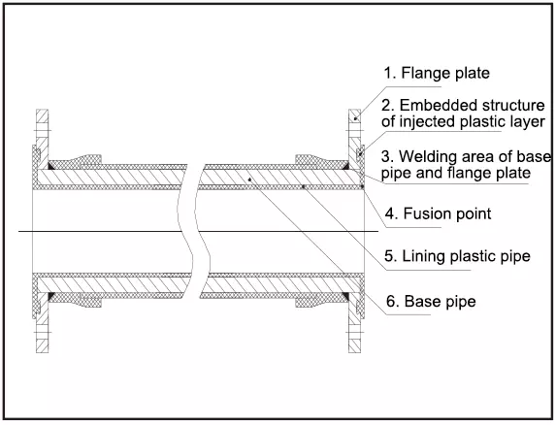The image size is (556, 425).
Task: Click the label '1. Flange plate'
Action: [x=437, y=73]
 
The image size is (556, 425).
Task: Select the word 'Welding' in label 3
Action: [x=424, y=156]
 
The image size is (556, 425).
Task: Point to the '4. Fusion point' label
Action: [x=439, y=213]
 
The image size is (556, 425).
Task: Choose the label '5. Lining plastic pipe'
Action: [x=457, y=256]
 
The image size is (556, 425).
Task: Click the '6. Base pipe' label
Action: [x=431, y=302]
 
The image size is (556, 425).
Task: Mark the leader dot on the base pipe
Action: [x=249, y=180]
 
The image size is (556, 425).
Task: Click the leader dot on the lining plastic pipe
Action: [x=303, y=186]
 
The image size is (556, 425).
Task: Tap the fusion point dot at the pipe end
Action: [x=362, y=186]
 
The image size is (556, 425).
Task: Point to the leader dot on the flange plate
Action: [x=355, y=118]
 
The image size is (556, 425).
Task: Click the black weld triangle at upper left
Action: [x=51, y=166]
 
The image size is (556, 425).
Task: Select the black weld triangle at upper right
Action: [x=345, y=166]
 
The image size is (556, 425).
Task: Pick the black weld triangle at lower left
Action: [x=51, y=296]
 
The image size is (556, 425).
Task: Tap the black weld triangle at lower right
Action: [x=345, y=296]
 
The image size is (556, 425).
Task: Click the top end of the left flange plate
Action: [x=42, y=110]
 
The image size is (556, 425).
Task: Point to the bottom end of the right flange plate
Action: [x=354, y=352]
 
